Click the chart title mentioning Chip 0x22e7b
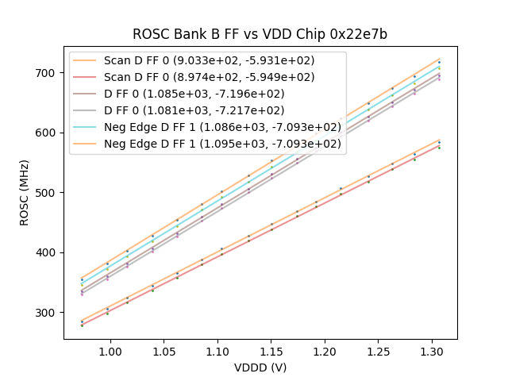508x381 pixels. (260, 34)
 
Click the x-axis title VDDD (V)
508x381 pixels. (260, 368)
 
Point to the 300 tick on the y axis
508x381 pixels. (49, 313)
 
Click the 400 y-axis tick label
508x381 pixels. (49, 252)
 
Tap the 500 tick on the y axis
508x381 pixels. (49, 193)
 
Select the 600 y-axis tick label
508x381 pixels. (49, 133)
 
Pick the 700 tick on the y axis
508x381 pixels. (49, 73)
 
